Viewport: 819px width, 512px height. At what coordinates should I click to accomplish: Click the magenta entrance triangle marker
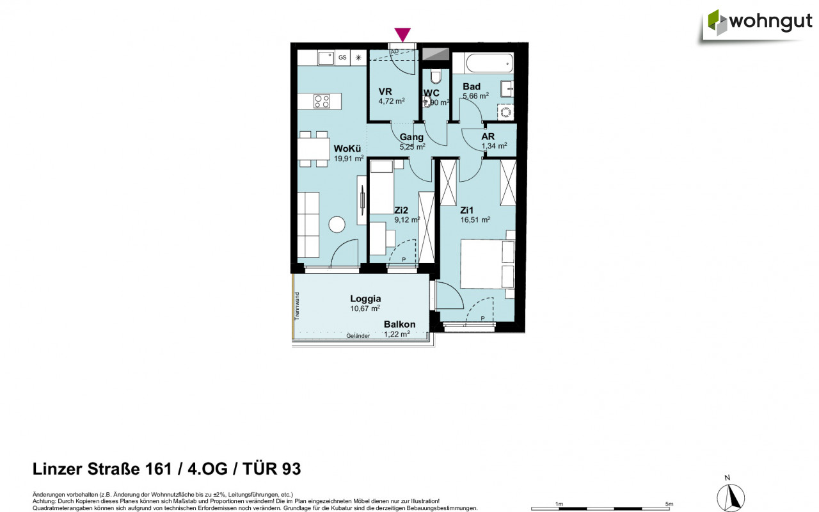(402, 35)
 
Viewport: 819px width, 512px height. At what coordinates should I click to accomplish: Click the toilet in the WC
(436, 76)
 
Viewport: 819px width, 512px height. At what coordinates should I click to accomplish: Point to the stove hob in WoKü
(322, 100)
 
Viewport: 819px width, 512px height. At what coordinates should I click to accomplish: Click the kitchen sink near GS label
(326, 58)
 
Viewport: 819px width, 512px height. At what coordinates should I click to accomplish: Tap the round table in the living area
(337, 224)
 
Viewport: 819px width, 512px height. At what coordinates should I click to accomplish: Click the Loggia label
(365, 298)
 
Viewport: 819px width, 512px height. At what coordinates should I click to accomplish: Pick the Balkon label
(399, 324)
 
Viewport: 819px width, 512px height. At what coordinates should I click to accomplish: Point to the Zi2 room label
(402, 210)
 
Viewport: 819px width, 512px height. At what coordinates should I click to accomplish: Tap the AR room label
(488, 136)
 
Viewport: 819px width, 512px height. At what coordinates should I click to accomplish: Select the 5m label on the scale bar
(669, 504)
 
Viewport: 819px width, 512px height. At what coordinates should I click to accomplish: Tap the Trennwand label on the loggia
(297, 306)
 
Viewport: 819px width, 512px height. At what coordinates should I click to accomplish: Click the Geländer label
(358, 336)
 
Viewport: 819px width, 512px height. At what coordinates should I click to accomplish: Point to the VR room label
(385, 91)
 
